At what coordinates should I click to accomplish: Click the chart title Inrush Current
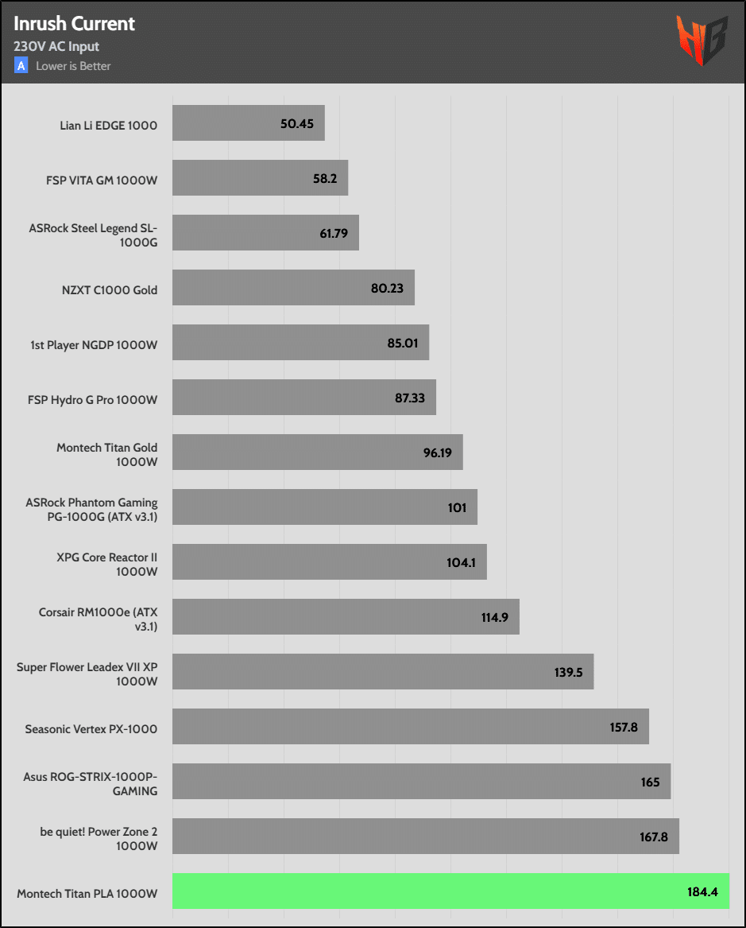click(x=74, y=24)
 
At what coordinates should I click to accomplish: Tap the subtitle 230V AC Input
click(x=56, y=47)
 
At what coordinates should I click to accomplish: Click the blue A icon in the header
click(x=21, y=66)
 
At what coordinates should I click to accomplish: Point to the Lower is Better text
click(x=73, y=66)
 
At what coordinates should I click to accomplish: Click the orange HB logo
click(x=702, y=40)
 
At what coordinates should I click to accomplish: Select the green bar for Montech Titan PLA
click(x=450, y=891)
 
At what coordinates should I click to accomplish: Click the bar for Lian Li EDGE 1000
click(x=248, y=123)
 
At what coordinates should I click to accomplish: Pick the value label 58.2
click(x=325, y=179)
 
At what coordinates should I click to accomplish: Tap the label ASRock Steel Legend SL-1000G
click(x=93, y=235)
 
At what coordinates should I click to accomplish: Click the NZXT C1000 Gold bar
click(x=293, y=288)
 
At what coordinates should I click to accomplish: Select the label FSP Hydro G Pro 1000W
click(x=92, y=399)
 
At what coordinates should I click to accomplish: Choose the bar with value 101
click(x=324, y=507)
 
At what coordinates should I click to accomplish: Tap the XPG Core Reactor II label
click(x=107, y=565)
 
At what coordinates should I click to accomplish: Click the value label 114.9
click(x=493, y=617)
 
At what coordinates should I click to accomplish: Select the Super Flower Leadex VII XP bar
click(x=383, y=672)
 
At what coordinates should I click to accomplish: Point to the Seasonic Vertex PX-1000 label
click(x=91, y=728)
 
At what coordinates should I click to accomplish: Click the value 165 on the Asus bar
click(x=650, y=782)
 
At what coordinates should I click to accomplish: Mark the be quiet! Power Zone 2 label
click(x=99, y=838)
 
